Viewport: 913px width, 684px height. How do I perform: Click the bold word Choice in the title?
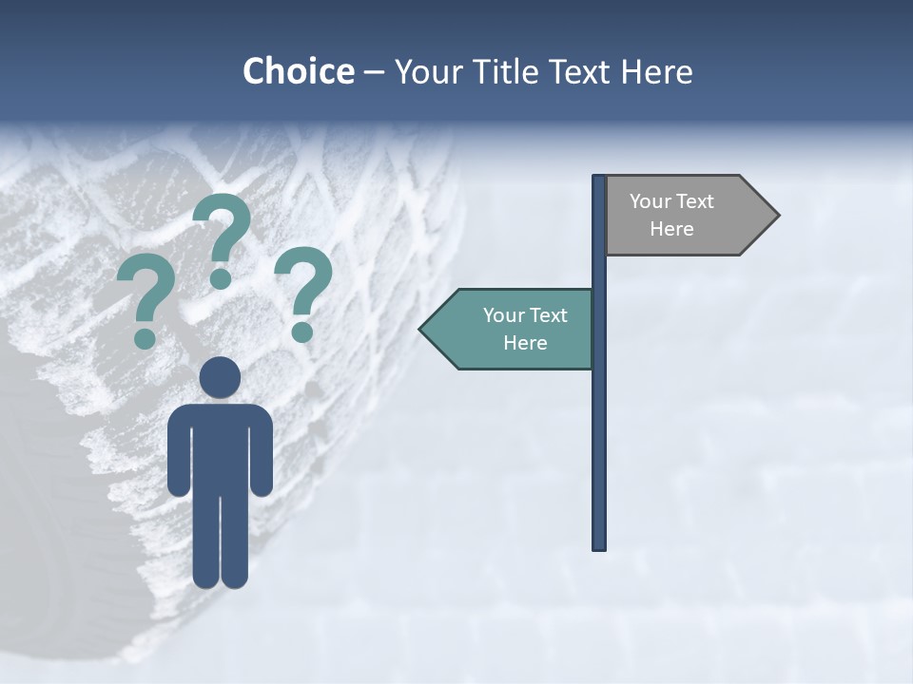[x=298, y=72]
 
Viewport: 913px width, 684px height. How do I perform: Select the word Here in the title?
[x=656, y=72]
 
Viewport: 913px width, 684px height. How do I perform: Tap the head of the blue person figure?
[x=221, y=377]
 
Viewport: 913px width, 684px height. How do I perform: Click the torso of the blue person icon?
[x=221, y=446]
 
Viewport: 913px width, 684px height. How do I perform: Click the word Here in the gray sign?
[x=671, y=229]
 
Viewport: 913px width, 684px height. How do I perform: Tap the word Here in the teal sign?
[x=525, y=343]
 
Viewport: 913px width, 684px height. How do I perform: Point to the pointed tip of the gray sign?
[x=777, y=216]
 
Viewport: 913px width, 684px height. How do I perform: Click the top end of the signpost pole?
[x=599, y=178]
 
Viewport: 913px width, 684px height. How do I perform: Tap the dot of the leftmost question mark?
[x=145, y=338]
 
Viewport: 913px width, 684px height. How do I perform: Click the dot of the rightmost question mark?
[x=302, y=332]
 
